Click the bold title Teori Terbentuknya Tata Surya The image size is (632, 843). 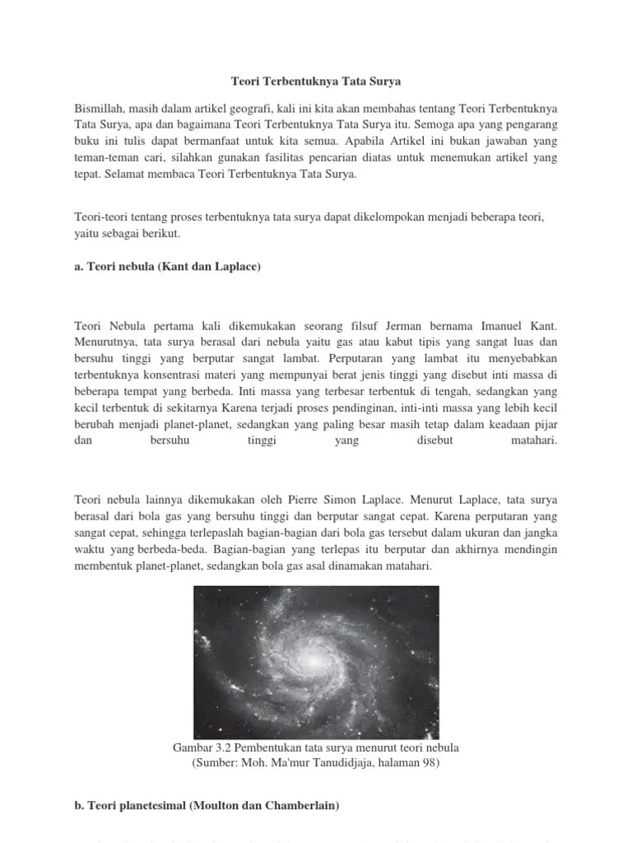[315, 82]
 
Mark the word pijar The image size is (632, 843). [544, 425]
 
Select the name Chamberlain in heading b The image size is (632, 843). [297, 808]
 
